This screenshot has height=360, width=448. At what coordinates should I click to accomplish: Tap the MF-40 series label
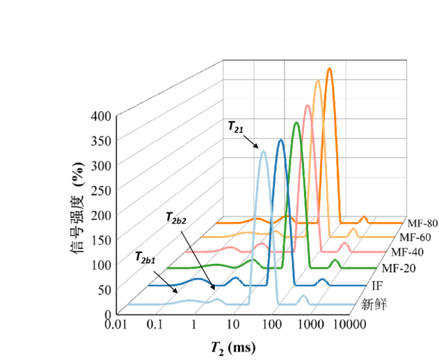pos(408,252)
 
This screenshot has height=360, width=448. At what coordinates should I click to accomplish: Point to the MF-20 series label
pos(399,267)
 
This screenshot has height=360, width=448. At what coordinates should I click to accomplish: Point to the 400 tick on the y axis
pos(100,116)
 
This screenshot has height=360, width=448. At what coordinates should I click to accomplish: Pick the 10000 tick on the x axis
pos(350,324)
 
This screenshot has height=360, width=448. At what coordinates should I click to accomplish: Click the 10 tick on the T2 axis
pos(232,324)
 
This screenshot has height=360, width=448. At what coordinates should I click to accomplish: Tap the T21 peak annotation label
pos(236,127)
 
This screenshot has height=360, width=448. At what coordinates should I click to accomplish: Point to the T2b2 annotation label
pos(177,219)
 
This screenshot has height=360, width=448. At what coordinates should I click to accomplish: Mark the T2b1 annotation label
pos(144,261)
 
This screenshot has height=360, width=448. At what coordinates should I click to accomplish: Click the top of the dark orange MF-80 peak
pos(329,68)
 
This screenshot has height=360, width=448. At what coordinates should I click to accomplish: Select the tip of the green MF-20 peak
pos(296,123)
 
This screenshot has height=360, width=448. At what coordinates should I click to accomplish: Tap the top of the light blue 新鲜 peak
pos(263,151)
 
